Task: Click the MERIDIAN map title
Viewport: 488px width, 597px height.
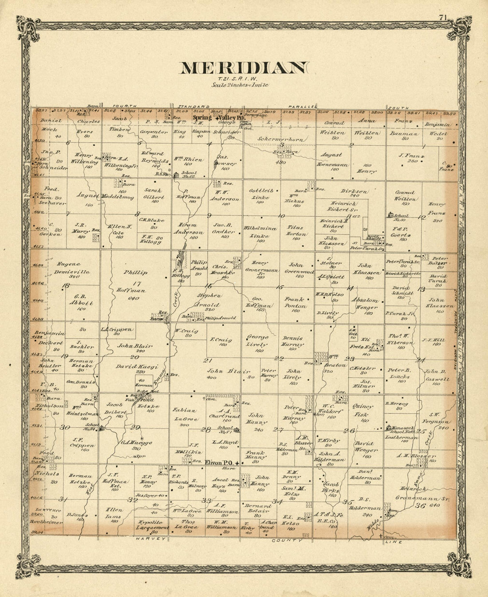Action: click(x=243, y=68)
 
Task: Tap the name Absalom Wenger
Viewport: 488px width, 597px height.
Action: click(x=365, y=303)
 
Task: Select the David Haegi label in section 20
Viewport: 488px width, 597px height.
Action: click(x=131, y=367)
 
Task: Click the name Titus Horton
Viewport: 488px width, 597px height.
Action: click(x=296, y=230)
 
